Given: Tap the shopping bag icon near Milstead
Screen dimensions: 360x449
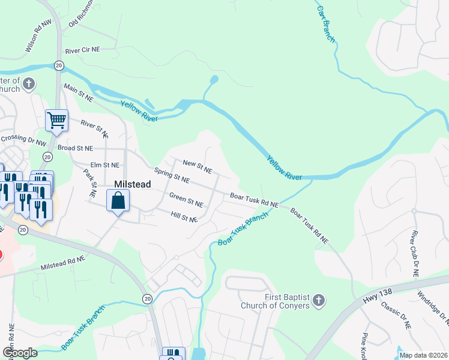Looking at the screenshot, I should [118, 200].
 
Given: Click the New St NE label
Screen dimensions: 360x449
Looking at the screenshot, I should [197, 166].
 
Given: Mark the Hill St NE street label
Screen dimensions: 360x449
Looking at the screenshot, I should [184, 217].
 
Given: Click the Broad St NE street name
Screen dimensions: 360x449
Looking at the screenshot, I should [75, 148].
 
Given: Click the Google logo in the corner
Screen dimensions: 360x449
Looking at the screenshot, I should [20, 353].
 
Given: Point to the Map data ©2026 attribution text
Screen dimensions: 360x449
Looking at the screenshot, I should [423, 355].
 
